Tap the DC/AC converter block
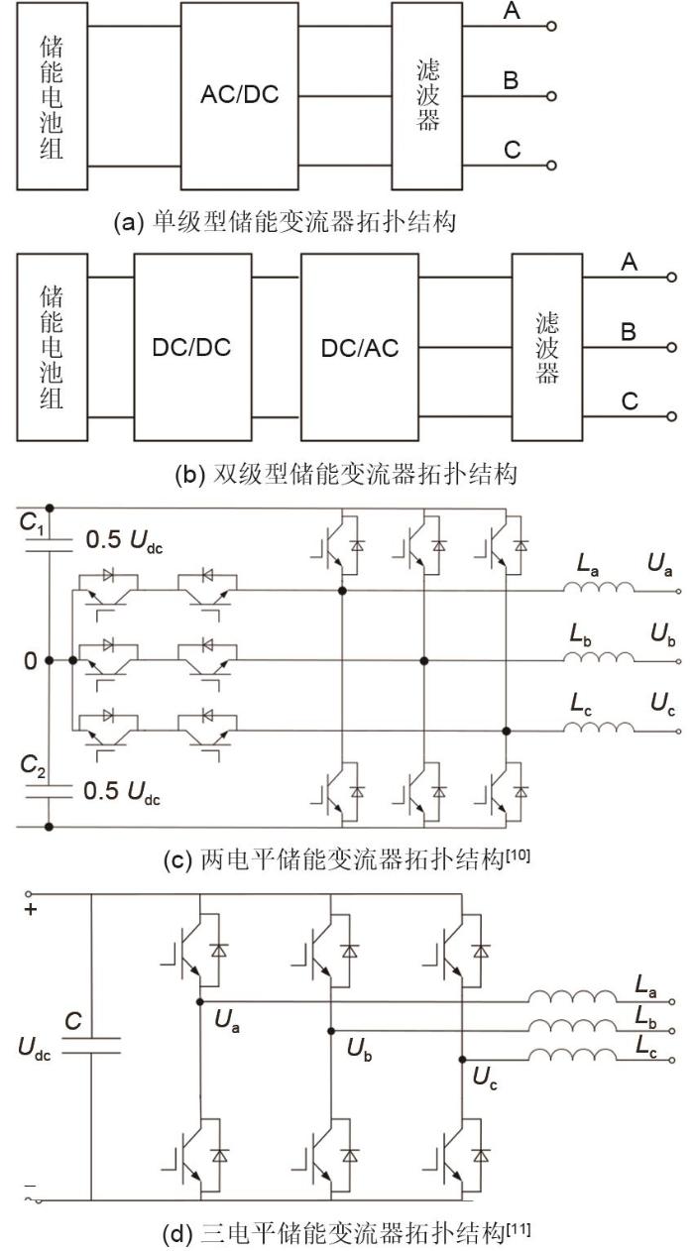pyautogui.click(x=360, y=348)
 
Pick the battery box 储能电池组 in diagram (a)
pyautogui.click(x=52, y=97)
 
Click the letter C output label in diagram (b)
pyautogui.click(x=629, y=402)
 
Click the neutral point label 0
pyautogui.click(x=32, y=660)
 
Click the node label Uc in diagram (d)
pyautogui.click(x=486, y=1078)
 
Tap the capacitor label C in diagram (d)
pyautogui.click(x=71, y=1020)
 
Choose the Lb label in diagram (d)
pyautogui.click(x=645, y=1020)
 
